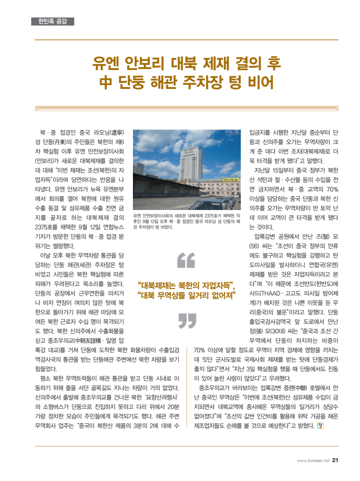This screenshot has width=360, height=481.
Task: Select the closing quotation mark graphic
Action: pos(187,321)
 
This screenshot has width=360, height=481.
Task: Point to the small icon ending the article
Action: pos(320,425)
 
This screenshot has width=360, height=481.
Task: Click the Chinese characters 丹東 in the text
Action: pos(63,141)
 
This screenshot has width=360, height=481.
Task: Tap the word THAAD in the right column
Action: pos(266,292)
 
